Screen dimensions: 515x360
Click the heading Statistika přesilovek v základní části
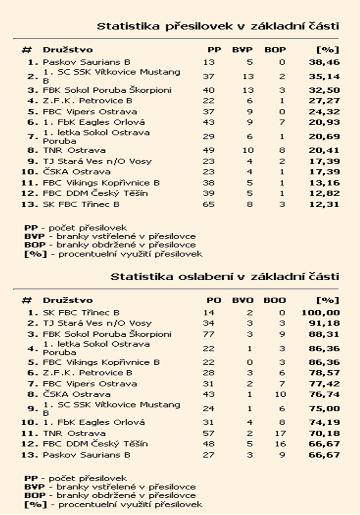click(218, 26)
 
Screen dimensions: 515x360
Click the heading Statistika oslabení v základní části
click(224, 276)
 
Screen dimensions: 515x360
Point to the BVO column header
click(242, 300)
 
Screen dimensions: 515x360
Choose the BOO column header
click(275, 300)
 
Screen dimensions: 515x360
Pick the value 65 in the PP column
click(209, 204)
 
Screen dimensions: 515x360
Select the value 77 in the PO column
click(209, 334)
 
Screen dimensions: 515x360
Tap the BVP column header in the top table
click(242, 50)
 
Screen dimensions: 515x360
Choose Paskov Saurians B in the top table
click(86, 62)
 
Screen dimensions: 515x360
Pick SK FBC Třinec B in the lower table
click(81, 313)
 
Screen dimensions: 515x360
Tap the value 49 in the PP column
click(209, 150)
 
